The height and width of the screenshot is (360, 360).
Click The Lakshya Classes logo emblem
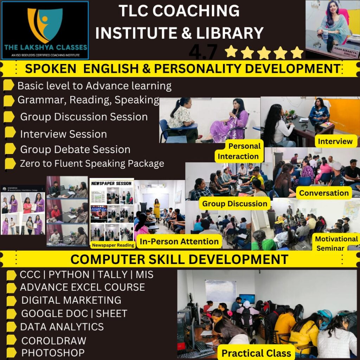point(45,25)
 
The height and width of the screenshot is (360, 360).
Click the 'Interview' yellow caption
point(335,141)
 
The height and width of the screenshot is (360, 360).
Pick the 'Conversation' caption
point(324,193)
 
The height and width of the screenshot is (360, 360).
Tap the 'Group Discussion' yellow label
point(235,204)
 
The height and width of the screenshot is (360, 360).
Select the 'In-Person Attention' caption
point(179,242)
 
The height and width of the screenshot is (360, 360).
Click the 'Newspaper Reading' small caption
point(112,245)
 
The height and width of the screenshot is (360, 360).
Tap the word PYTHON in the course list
point(69,275)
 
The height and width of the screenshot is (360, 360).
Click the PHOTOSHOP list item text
point(53,353)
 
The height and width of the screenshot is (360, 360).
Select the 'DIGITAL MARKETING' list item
point(71,300)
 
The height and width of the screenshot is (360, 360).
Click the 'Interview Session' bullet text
point(63,134)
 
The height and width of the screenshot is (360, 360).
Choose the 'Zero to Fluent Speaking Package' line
point(92,163)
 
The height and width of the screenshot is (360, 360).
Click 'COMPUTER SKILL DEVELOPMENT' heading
point(179,259)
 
